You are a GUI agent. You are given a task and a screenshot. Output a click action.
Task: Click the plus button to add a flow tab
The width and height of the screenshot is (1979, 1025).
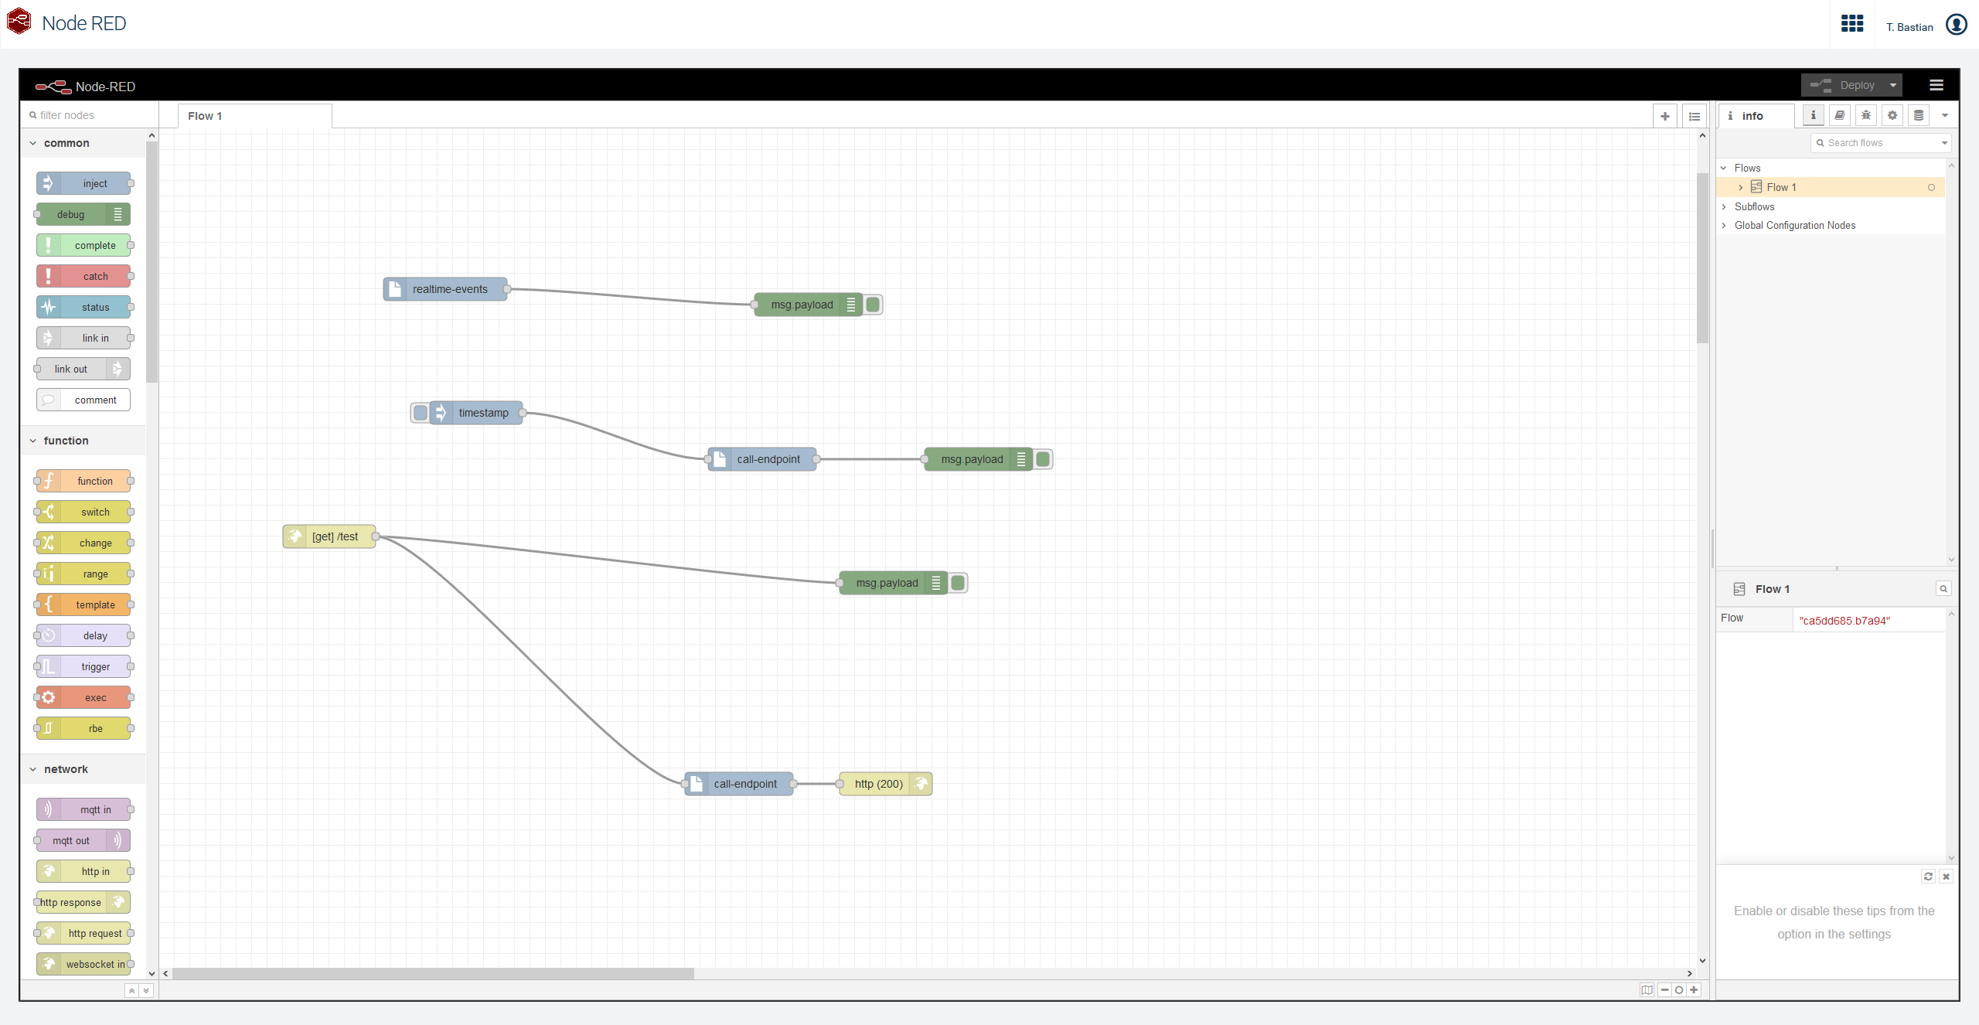pos(1664,116)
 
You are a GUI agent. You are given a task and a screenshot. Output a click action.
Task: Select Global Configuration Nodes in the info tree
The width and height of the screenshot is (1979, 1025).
pos(1794,225)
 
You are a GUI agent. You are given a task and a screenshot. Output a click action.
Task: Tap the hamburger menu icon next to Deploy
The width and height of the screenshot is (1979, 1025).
pos(1936,85)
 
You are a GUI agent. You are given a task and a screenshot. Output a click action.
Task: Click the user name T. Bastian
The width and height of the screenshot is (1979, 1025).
pos(1909,27)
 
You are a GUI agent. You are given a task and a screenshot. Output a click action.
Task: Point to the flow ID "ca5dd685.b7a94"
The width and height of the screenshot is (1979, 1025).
pos(1844,621)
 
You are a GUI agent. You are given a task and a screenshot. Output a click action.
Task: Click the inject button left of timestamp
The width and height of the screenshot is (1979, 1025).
pos(420,413)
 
